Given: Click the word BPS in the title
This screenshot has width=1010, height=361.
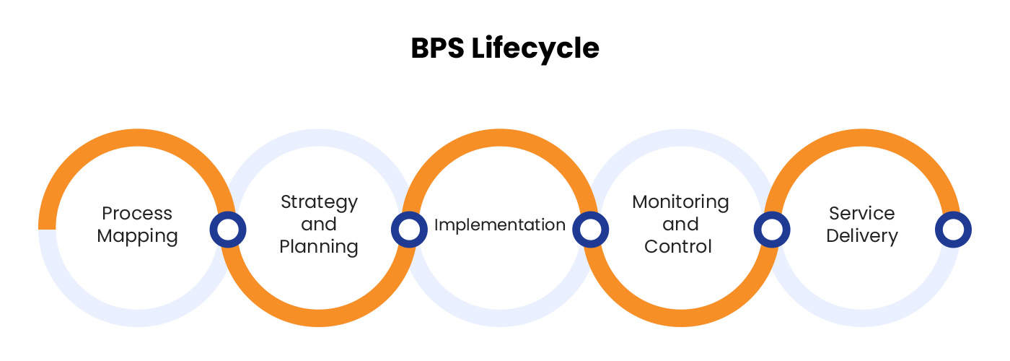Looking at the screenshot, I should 437,48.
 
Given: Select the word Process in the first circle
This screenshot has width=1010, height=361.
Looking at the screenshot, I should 137,213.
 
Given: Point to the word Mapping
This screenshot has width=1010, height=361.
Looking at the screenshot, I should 137,236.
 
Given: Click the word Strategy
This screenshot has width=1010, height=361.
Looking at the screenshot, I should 319,202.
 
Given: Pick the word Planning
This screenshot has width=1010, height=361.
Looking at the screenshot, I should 319,247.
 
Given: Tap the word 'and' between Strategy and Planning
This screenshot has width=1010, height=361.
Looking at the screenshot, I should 319,224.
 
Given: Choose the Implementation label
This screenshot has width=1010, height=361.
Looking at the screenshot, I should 499,225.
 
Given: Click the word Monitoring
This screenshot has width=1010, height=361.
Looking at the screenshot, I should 680,201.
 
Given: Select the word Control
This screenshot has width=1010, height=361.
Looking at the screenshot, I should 678,246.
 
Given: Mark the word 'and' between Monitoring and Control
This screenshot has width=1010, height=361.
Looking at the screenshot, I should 680,224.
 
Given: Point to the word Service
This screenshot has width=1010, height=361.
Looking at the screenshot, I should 861,213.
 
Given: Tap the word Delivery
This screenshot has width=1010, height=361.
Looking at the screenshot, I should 861,236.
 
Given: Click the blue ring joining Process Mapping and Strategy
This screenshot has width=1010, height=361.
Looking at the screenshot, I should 228,230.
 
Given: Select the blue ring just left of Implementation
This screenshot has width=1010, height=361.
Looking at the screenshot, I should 409,230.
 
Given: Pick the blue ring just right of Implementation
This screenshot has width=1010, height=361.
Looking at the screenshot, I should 590,230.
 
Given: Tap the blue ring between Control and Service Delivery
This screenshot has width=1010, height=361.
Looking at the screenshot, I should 771,230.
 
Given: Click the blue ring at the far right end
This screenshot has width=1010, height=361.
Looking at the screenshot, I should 953,230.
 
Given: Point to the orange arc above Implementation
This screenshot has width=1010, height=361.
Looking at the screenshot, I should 499,139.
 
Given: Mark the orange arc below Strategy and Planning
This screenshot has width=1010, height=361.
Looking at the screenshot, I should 318,320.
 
